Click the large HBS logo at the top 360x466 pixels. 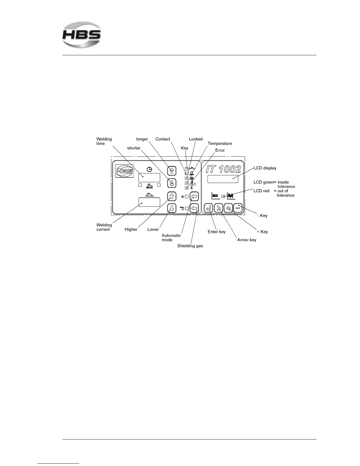(x=81, y=35)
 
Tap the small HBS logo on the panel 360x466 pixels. (x=124, y=171)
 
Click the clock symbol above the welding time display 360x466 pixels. (x=149, y=169)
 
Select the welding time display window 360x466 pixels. (x=149, y=178)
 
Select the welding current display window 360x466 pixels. (x=149, y=202)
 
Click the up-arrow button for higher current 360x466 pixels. (x=172, y=196)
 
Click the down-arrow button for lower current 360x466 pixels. (x=172, y=208)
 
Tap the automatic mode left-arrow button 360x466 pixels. (x=194, y=196)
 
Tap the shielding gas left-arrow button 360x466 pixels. (x=194, y=208)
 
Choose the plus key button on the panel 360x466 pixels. (x=228, y=208)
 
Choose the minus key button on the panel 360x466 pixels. (x=238, y=208)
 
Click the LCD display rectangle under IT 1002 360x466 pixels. (x=223, y=179)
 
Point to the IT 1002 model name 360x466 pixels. (x=223, y=169)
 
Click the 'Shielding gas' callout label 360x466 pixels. (x=190, y=246)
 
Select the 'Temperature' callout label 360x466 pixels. (x=220, y=144)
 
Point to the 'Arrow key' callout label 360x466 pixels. (x=246, y=240)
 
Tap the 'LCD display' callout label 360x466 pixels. (x=265, y=168)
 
